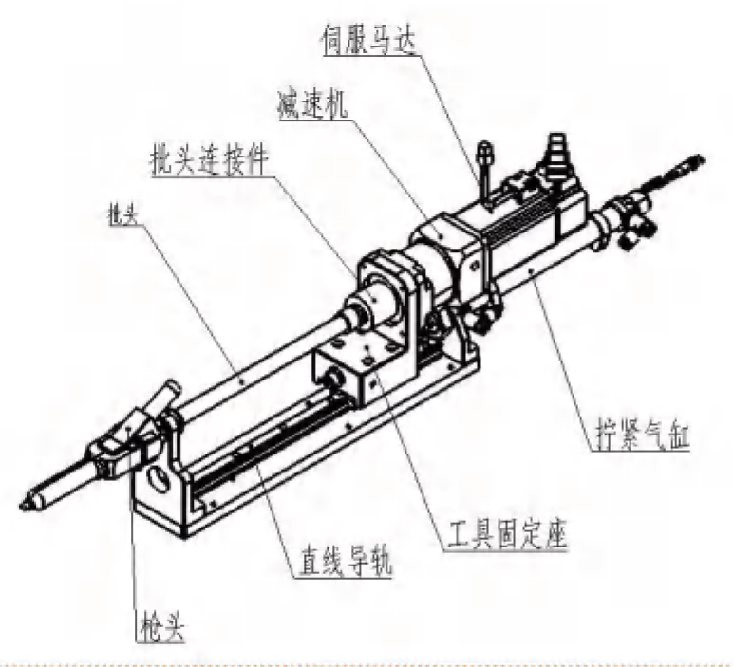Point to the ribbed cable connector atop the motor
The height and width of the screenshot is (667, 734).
pyautogui.click(x=553, y=151)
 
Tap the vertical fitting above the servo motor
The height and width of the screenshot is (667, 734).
pyautogui.click(x=485, y=171)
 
